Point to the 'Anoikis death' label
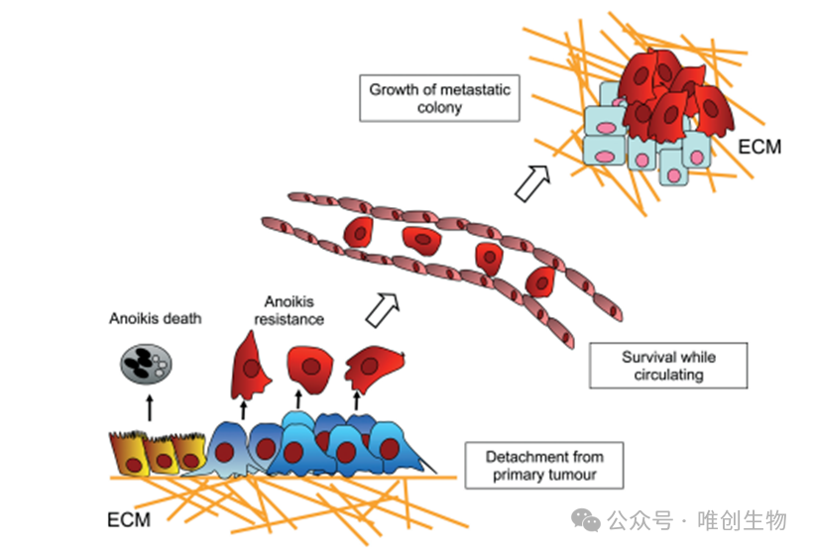155,318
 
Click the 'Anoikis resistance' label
289,310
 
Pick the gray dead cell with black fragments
146,365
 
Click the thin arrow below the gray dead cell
150,408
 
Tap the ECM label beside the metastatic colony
759,147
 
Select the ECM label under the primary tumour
129,519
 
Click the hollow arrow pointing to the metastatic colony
532,183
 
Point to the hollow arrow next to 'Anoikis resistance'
383,310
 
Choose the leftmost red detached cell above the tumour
251,367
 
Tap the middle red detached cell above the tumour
310,369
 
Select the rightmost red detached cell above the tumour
374,368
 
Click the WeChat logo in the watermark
585,520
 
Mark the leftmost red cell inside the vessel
359,232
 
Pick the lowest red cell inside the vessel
540,282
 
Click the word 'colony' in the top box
439,108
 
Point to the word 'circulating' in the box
668,375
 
